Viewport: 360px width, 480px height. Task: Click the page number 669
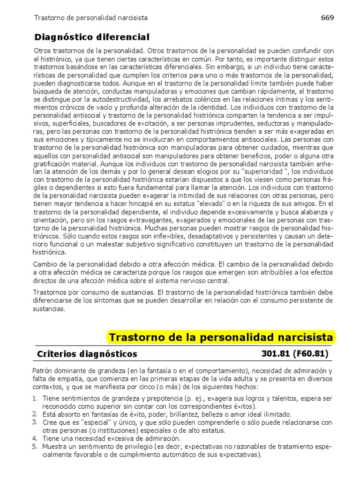pos(327,17)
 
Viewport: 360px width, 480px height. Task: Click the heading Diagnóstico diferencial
pos(92,37)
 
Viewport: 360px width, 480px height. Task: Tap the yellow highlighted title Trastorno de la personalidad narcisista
pos(221,337)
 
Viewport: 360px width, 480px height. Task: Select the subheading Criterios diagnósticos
pos(87,353)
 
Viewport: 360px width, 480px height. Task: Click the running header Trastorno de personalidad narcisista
pos(91,18)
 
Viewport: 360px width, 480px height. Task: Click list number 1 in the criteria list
pos(35,398)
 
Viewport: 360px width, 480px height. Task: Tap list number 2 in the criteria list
pos(35,414)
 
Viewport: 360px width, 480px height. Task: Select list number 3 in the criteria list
pos(35,422)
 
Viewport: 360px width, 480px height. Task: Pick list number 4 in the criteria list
pos(35,438)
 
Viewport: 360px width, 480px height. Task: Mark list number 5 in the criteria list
pos(35,446)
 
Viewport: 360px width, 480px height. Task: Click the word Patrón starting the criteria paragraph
pos(44,371)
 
